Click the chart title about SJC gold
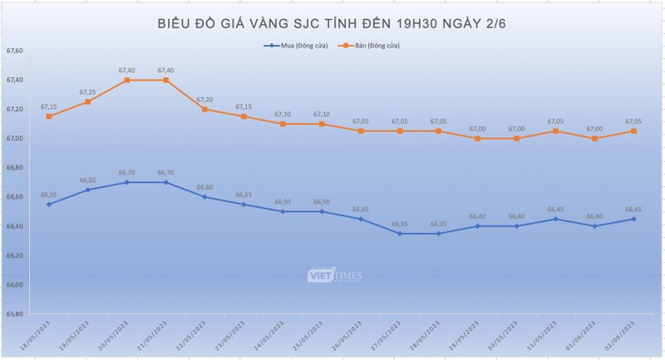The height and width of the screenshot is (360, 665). pos(332,22)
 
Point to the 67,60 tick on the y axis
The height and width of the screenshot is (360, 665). pos(15,52)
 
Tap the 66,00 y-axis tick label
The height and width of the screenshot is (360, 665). pos(15,285)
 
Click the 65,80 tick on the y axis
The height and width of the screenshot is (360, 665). pos(15,314)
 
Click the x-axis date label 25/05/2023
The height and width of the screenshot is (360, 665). pos(307,337)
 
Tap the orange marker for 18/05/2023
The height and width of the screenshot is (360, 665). pos(48,116)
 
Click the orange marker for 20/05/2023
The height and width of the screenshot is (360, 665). pos(126,80)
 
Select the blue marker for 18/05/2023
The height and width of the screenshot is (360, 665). pos(48,205)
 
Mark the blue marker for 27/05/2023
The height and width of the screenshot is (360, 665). pos(400,234)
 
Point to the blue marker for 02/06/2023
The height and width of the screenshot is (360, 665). pos(634,219)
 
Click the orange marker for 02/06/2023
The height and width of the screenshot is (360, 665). pos(634,131)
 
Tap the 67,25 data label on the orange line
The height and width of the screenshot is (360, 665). pos(87,92)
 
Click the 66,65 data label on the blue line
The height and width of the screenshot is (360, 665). pos(87,180)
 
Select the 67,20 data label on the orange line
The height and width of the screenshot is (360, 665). pos(204,99)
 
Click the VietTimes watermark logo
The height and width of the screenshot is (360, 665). pos(332,275)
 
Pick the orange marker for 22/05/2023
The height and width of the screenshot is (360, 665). pos(204,109)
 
